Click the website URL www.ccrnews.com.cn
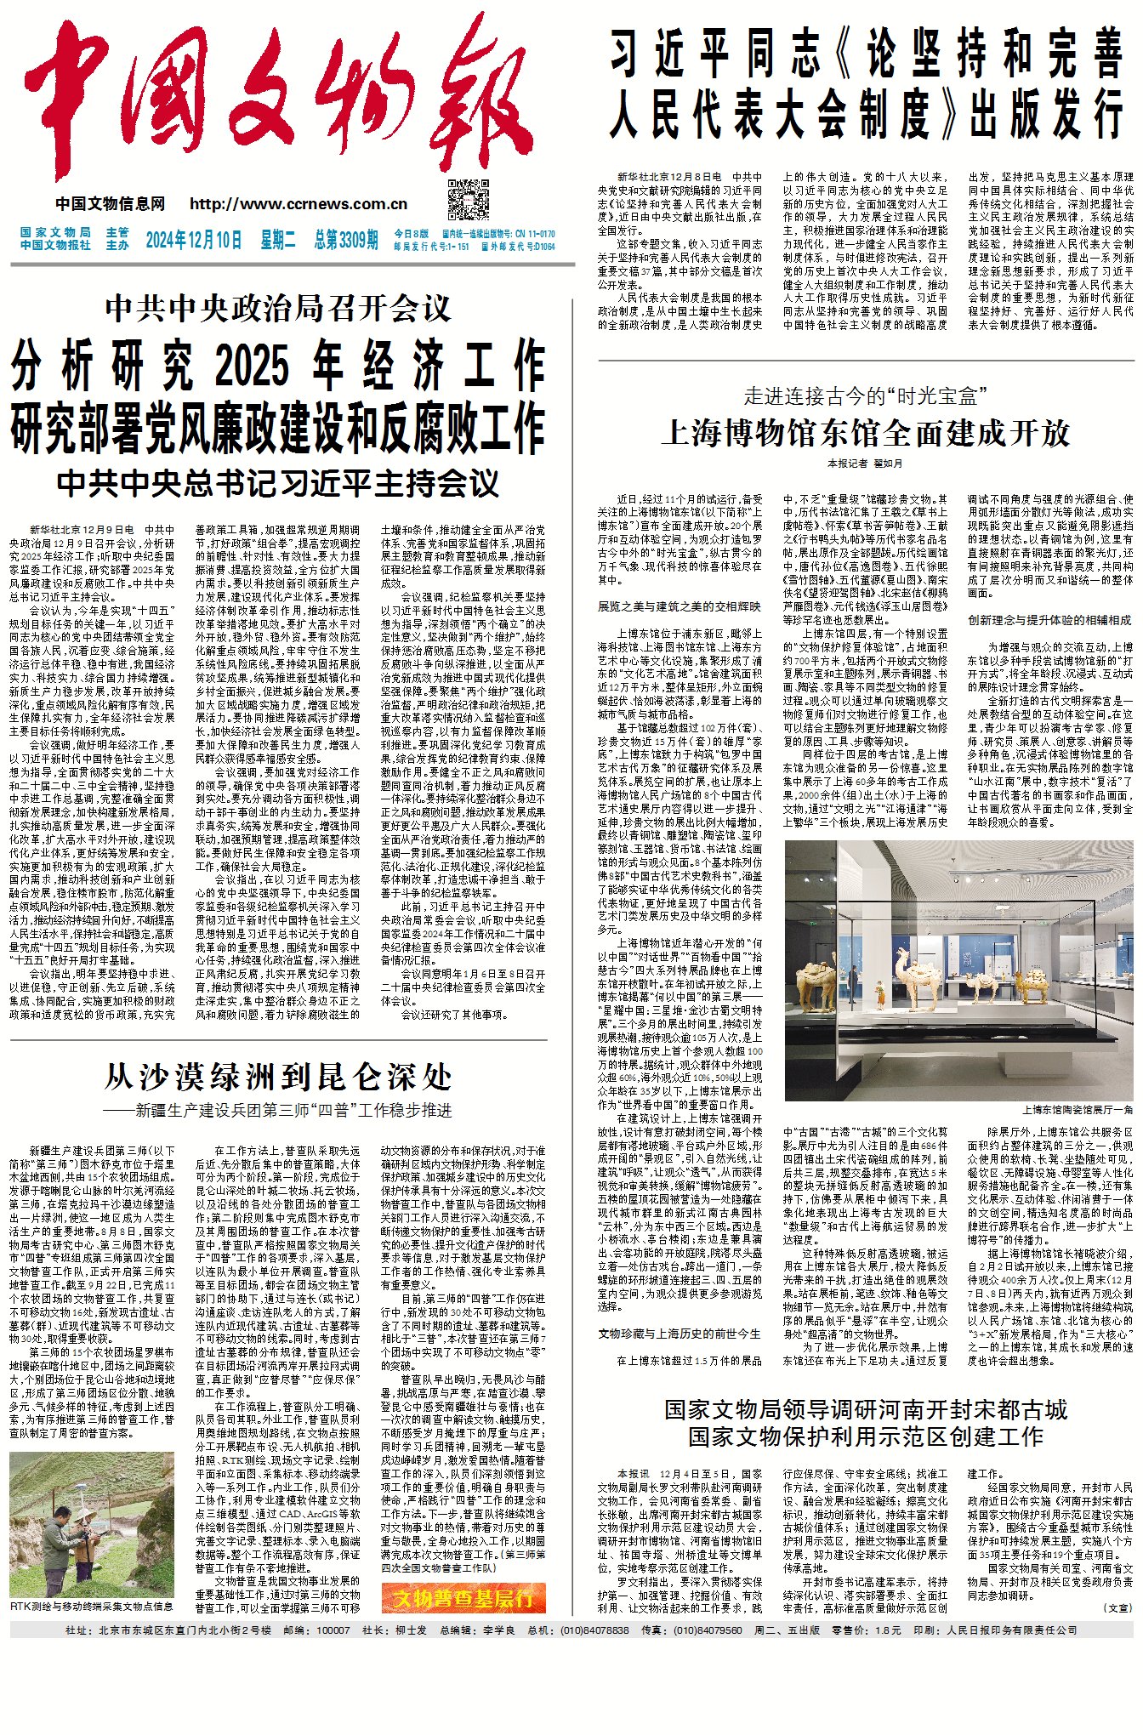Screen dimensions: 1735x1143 pyautogui.click(x=299, y=204)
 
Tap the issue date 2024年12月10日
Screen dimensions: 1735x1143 pyautogui.click(x=194, y=240)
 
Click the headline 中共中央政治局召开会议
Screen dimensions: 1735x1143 pyautogui.click(x=278, y=308)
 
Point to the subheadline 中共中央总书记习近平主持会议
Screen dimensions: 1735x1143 pyautogui.click(x=278, y=484)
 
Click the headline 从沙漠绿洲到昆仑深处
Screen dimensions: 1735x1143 pyautogui.click(x=278, y=1077)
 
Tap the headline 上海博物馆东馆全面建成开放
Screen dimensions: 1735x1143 pyautogui.click(x=865, y=434)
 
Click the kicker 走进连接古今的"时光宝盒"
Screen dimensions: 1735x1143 pyautogui.click(x=865, y=395)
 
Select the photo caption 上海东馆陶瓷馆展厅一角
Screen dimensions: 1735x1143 pyautogui.click(x=1077, y=1110)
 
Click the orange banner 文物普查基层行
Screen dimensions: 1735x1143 pyautogui.click(x=463, y=1597)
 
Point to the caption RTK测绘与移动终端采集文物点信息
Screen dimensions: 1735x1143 pyautogui.click(x=92, y=1607)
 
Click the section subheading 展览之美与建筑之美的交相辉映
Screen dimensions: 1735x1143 pyautogui.click(x=679, y=606)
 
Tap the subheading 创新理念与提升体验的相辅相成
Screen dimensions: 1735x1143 pyautogui.click(x=1049, y=620)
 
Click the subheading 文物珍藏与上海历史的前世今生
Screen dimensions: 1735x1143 pyautogui.click(x=679, y=1334)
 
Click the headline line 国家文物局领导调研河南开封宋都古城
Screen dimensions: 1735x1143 pyautogui.click(x=865, y=1410)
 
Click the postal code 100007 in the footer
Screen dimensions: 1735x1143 pyautogui.click(x=333, y=1630)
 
